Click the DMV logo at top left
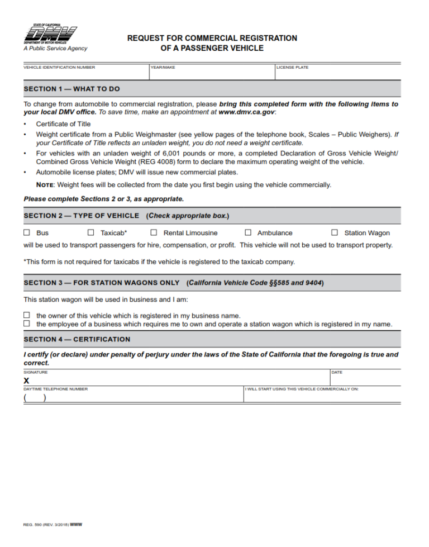tap(50, 35)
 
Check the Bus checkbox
tap(27, 232)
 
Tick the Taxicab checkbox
tap(90, 232)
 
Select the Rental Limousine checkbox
tap(154, 232)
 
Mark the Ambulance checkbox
tap(248, 232)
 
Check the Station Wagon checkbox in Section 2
tap(335, 232)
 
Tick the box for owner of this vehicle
tap(27, 316)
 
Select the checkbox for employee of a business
tap(27, 324)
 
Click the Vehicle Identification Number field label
tap(59, 68)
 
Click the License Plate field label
tap(293, 68)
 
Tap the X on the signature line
tap(26, 380)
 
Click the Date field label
tap(337, 372)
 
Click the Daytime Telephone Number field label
tap(55, 389)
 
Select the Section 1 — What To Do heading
tap(71, 89)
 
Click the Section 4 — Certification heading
tap(77, 339)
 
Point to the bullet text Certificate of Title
tap(63, 124)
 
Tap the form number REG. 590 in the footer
tap(34, 524)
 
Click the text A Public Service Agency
tap(55, 49)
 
